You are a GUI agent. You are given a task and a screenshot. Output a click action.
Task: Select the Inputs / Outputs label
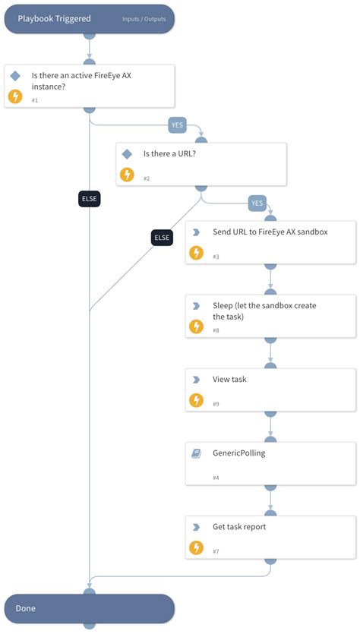click(147, 18)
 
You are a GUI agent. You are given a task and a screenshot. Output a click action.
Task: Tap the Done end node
click(89, 608)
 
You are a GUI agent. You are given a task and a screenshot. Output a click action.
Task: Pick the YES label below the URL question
click(257, 203)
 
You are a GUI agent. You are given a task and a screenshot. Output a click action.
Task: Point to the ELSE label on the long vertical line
click(90, 199)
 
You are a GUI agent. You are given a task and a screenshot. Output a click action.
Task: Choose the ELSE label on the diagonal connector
click(163, 237)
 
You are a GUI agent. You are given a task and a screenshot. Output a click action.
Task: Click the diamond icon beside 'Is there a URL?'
click(127, 153)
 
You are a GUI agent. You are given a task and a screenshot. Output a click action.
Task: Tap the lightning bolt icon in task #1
click(14, 96)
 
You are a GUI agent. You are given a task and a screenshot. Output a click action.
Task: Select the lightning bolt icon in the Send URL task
click(196, 253)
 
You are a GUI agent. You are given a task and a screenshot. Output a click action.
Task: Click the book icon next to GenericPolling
click(196, 453)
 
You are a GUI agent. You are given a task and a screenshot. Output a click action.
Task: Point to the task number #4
click(216, 478)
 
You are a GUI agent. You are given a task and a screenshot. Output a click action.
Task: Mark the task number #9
click(216, 403)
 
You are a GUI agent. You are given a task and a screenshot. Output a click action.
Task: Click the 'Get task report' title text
click(239, 526)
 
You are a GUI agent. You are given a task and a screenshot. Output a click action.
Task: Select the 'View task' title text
click(229, 379)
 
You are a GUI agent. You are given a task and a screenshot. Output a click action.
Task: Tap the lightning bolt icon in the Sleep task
click(196, 326)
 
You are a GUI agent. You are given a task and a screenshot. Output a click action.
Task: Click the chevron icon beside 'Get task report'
click(196, 526)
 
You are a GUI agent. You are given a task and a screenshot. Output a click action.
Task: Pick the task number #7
click(216, 550)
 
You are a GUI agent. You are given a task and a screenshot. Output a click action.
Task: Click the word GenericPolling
click(239, 453)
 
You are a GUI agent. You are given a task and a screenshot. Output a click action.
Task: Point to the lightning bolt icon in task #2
click(127, 175)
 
